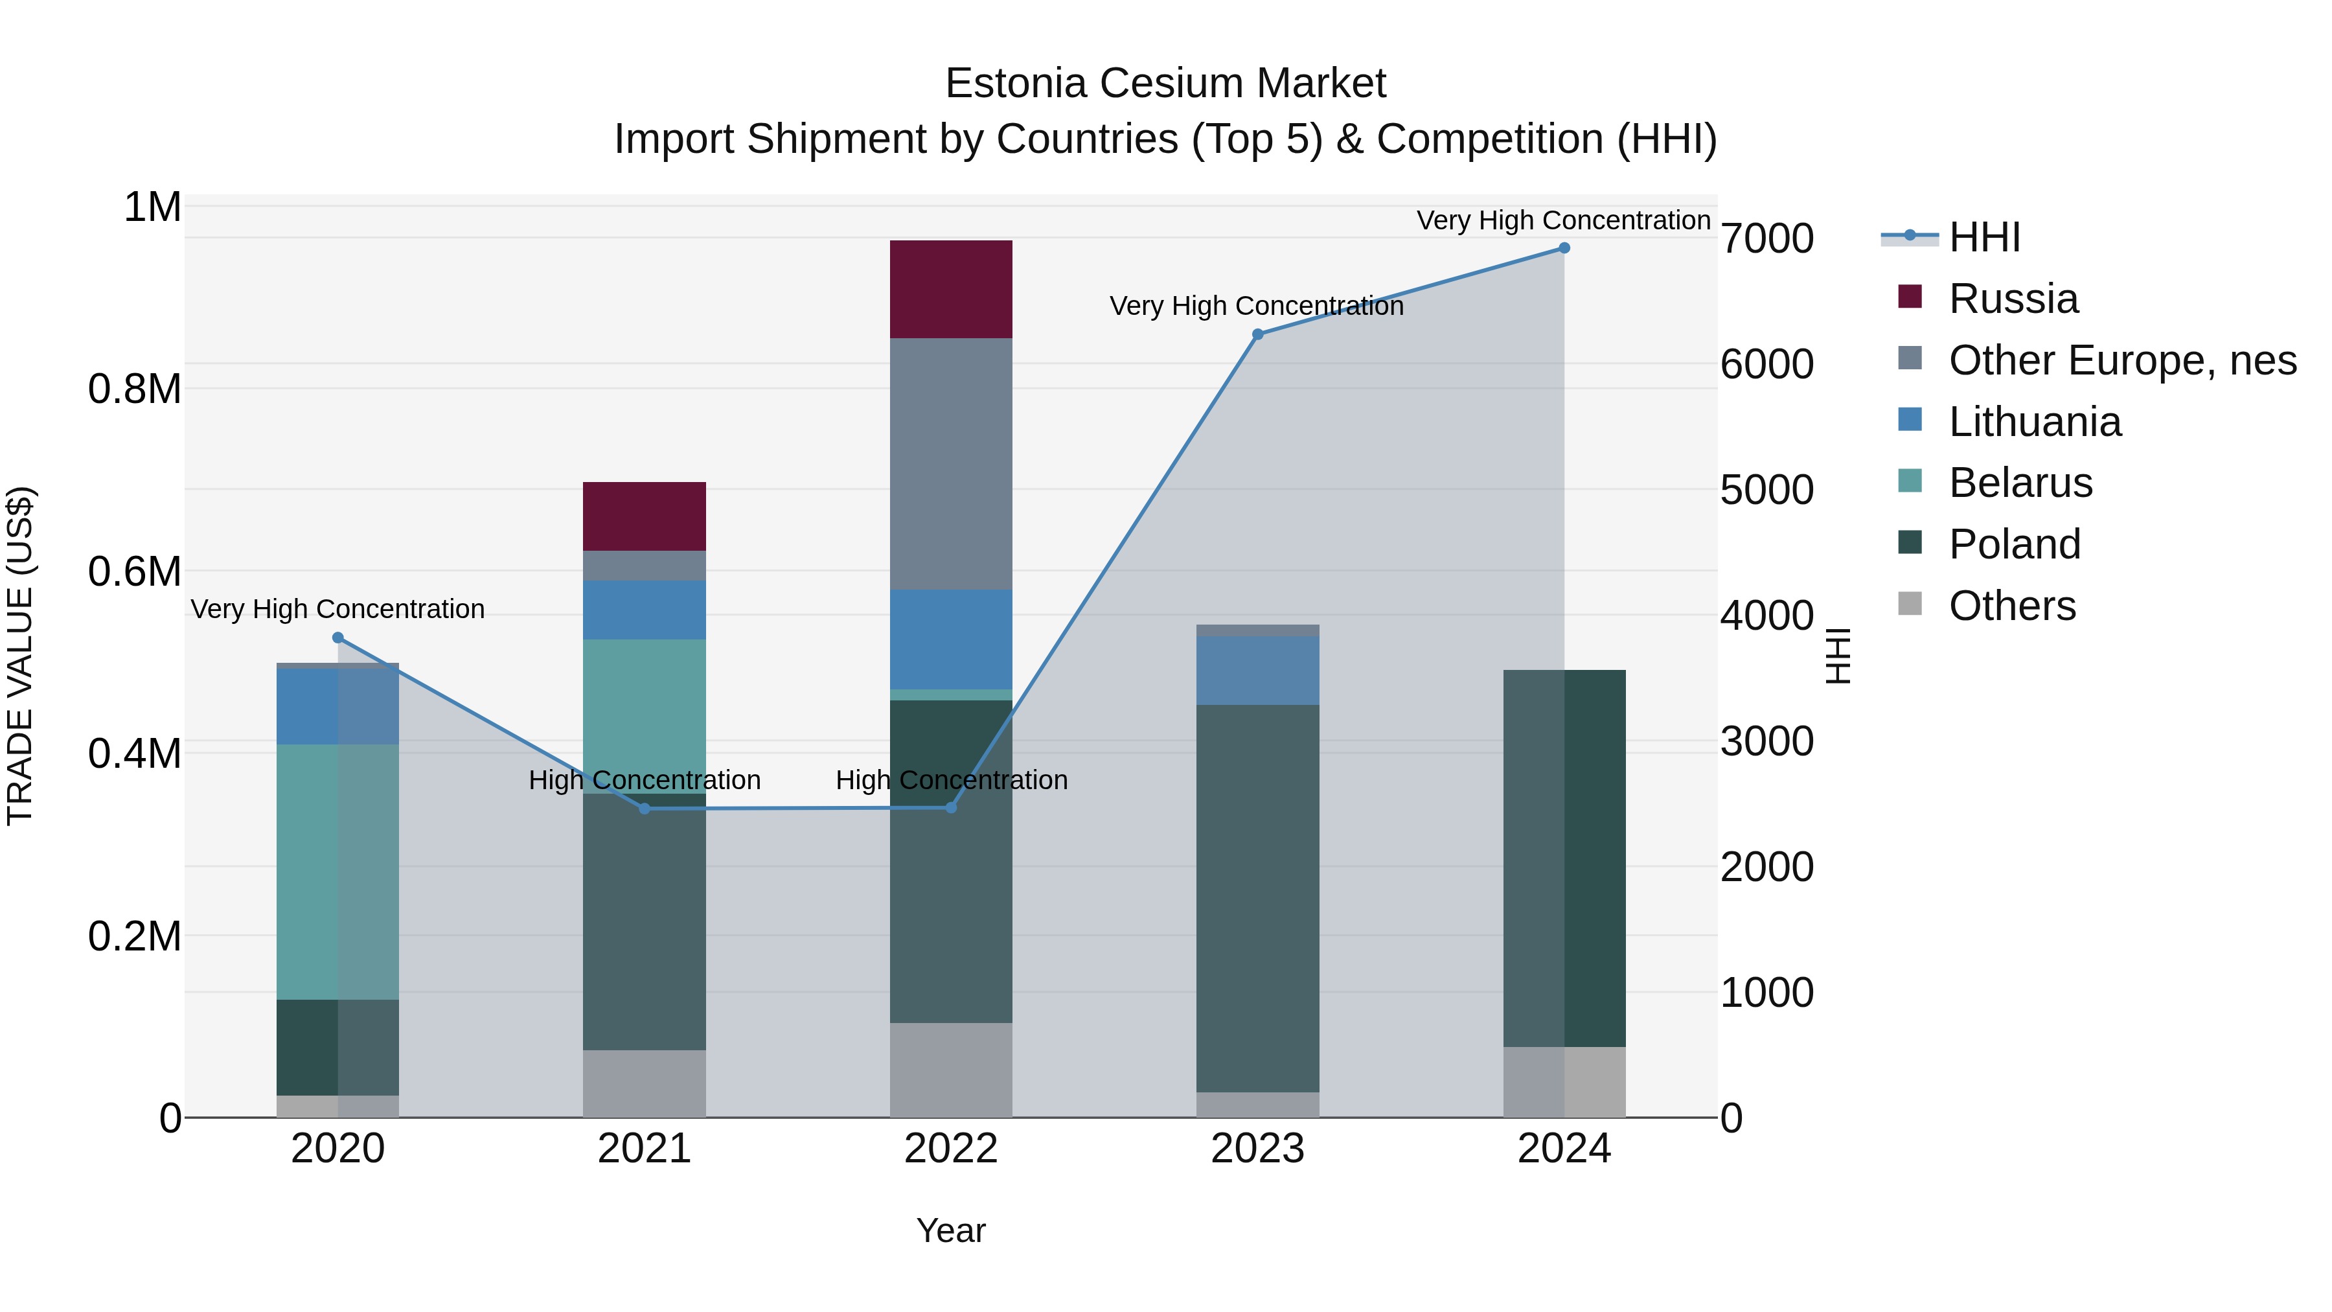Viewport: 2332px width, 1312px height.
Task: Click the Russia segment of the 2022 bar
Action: point(950,289)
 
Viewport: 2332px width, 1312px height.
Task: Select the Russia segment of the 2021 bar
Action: point(644,516)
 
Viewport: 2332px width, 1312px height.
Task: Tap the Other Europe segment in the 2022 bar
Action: point(950,464)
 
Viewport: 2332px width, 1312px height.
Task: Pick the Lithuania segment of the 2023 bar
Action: point(1257,670)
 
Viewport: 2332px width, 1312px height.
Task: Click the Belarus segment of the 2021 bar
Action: point(644,706)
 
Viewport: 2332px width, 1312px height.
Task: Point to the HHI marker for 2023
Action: point(1257,334)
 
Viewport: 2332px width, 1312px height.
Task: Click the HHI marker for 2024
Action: point(1564,248)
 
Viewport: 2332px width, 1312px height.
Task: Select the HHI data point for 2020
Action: point(337,638)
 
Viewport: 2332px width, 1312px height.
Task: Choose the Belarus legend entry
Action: point(2020,483)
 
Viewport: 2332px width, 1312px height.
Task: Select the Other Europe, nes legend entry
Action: point(2122,360)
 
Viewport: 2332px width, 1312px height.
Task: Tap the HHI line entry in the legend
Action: point(1983,237)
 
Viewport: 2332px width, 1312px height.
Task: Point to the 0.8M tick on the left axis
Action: point(134,389)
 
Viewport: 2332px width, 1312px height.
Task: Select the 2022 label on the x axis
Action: point(950,1149)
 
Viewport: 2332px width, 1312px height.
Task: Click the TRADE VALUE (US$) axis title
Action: point(20,656)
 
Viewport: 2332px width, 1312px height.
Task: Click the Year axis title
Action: point(950,1230)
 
